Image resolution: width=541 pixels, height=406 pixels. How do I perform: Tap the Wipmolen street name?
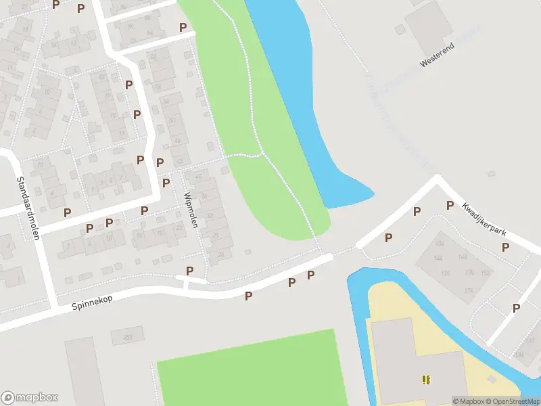pos(190,210)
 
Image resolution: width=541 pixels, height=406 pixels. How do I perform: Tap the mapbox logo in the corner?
pos(30,398)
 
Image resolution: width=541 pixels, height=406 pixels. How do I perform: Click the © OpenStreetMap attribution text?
pos(512,401)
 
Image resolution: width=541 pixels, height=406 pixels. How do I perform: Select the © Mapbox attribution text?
pos(469,401)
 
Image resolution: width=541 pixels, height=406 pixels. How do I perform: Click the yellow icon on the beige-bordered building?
pos(426,380)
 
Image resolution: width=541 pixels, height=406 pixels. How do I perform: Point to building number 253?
pos(128,336)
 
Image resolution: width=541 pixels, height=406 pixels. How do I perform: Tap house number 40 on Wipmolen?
pos(198,177)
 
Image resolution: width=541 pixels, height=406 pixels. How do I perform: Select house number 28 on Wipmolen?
pos(216,235)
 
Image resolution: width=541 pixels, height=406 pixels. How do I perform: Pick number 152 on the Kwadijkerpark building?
pos(486,273)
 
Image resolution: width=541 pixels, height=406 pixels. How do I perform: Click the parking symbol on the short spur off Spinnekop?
pos(190,271)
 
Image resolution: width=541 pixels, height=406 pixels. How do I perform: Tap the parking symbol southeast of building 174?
pos(516,308)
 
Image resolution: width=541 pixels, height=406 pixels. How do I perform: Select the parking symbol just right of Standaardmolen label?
pos(67,212)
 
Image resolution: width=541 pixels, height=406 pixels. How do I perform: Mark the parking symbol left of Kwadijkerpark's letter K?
pos(450,206)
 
